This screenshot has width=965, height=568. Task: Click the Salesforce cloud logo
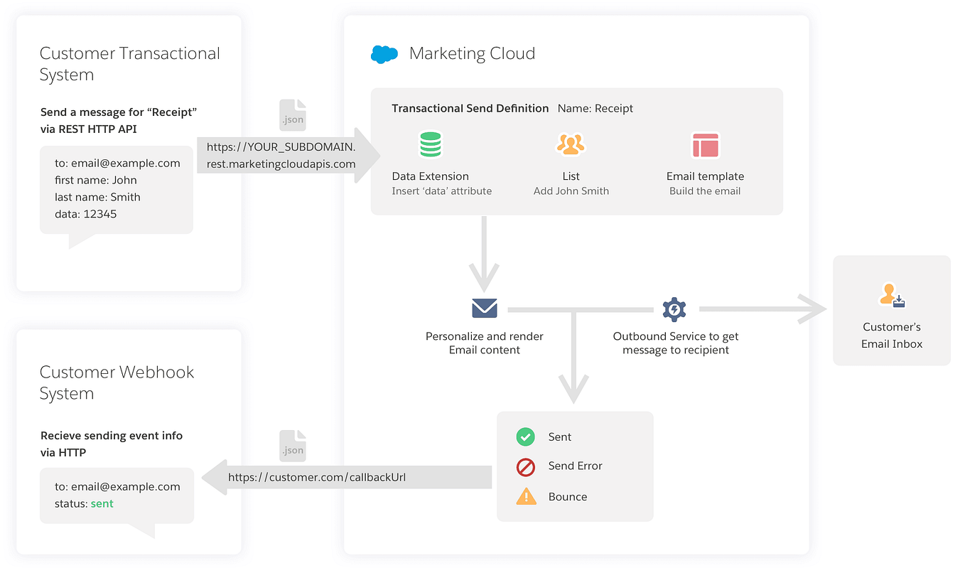click(384, 54)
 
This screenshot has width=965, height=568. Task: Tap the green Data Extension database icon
click(430, 144)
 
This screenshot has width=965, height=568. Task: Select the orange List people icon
click(570, 144)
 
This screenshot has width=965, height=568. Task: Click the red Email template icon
click(705, 145)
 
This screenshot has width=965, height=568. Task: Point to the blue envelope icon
click(485, 309)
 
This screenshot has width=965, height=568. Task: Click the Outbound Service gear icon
click(674, 309)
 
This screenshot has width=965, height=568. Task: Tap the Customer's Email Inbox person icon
click(892, 295)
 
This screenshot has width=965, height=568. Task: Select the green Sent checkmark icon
click(526, 436)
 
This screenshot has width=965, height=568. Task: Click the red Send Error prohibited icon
click(526, 466)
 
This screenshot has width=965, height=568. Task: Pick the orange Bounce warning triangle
click(526, 496)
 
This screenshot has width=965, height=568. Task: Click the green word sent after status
click(102, 503)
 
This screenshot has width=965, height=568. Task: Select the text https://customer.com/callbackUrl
click(317, 477)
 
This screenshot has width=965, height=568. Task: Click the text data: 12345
click(85, 214)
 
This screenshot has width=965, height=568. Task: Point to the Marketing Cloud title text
click(472, 53)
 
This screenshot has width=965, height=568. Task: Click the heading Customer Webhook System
click(117, 382)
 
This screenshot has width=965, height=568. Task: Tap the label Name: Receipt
click(595, 109)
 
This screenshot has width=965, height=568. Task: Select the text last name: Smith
click(97, 197)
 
